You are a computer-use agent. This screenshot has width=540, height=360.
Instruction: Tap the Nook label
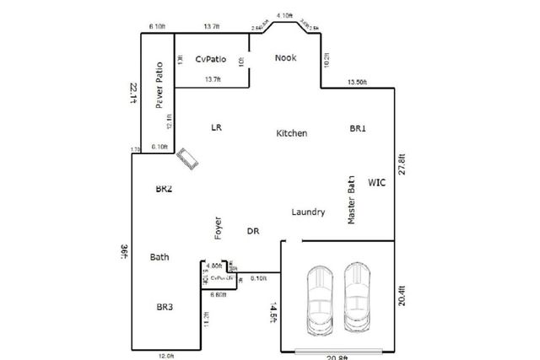coord(286,58)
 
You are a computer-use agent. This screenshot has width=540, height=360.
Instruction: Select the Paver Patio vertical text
coord(158,87)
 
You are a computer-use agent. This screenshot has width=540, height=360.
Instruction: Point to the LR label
coord(216,127)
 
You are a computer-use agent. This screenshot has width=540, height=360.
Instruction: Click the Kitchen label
coord(291,133)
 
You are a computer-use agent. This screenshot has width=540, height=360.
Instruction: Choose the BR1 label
coord(358,128)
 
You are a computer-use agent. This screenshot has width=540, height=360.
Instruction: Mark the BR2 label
coord(164,190)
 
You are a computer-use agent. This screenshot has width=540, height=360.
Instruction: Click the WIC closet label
coord(376,182)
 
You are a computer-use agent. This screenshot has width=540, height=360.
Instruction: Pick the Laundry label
coord(308,212)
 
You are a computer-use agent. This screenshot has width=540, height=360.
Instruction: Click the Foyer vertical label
coord(218,228)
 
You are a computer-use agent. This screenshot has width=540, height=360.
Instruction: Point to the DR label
coord(252,231)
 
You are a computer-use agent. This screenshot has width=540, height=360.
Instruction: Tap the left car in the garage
coord(321,299)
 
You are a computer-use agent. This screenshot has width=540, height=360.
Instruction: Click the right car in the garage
coord(357,299)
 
